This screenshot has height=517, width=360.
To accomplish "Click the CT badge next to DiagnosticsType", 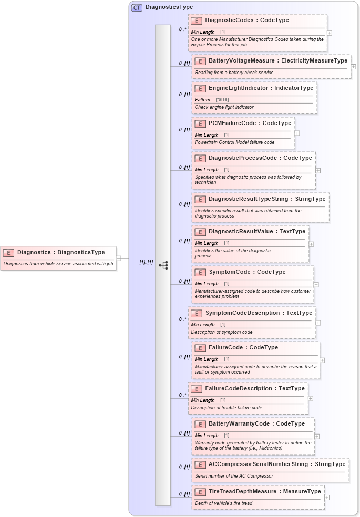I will (137, 7).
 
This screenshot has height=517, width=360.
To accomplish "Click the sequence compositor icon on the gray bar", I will (163, 265).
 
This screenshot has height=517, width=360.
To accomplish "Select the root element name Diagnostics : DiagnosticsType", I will (61, 252).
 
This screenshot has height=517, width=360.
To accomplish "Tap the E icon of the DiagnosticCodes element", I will (197, 20).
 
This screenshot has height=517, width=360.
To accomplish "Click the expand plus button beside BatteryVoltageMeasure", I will (353, 67).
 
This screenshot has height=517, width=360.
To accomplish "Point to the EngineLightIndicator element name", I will (261, 88).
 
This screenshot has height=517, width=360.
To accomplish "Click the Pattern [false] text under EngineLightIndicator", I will (211, 99).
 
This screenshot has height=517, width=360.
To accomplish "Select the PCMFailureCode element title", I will (250, 123).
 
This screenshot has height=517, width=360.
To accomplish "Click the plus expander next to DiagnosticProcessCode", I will (318, 170).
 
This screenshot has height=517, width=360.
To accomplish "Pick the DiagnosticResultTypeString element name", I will (267, 199).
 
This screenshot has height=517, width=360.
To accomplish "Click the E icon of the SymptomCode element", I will (200, 272).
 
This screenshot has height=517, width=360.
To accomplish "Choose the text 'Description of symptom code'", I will (222, 332).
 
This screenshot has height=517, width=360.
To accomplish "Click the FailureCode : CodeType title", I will (243, 348).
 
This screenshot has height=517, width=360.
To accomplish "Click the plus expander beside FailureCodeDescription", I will (311, 398).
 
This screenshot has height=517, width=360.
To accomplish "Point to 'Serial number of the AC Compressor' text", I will (234, 476).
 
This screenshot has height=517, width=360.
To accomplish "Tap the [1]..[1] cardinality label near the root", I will (146, 262).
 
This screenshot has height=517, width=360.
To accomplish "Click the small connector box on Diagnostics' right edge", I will (119, 258).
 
